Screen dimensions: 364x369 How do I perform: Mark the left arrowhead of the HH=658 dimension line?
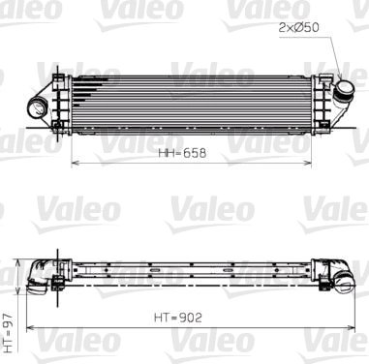(x=75, y=163)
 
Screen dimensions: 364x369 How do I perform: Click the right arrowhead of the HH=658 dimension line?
(x=321, y=163)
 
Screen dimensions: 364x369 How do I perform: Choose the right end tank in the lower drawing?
(x=335, y=275)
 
